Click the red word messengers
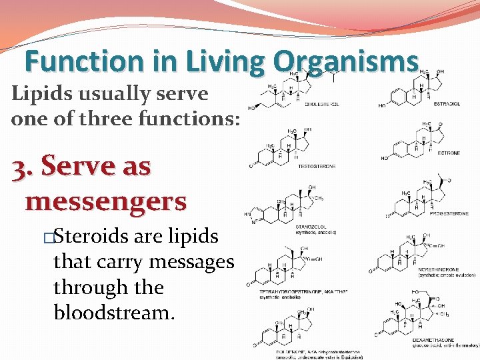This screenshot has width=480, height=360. pyautogui.click(x=105, y=199)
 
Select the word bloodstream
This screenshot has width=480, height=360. pyautogui.click(x=113, y=312)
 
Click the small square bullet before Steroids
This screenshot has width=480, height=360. pyautogui.click(x=47, y=237)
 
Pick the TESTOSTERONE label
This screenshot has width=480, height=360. pyautogui.click(x=316, y=166)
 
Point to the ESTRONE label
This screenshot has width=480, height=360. pyautogui.click(x=448, y=153)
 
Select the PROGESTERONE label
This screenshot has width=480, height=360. pyautogui.click(x=444, y=215)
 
